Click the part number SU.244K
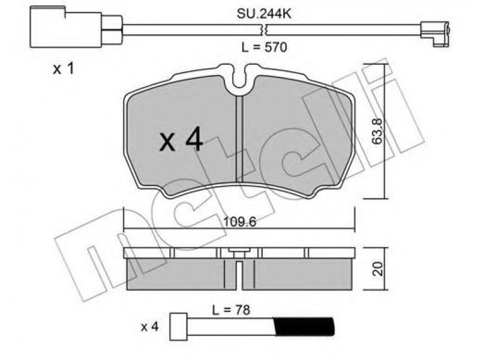tap(264, 14)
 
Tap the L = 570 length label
tap(264, 47)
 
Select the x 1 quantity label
tap(64, 69)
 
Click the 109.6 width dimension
tap(239, 221)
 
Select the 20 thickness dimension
tap(379, 268)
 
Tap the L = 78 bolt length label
tap(231, 310)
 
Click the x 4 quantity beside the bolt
tap(149, 327)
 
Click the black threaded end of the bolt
tap(304, 326)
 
